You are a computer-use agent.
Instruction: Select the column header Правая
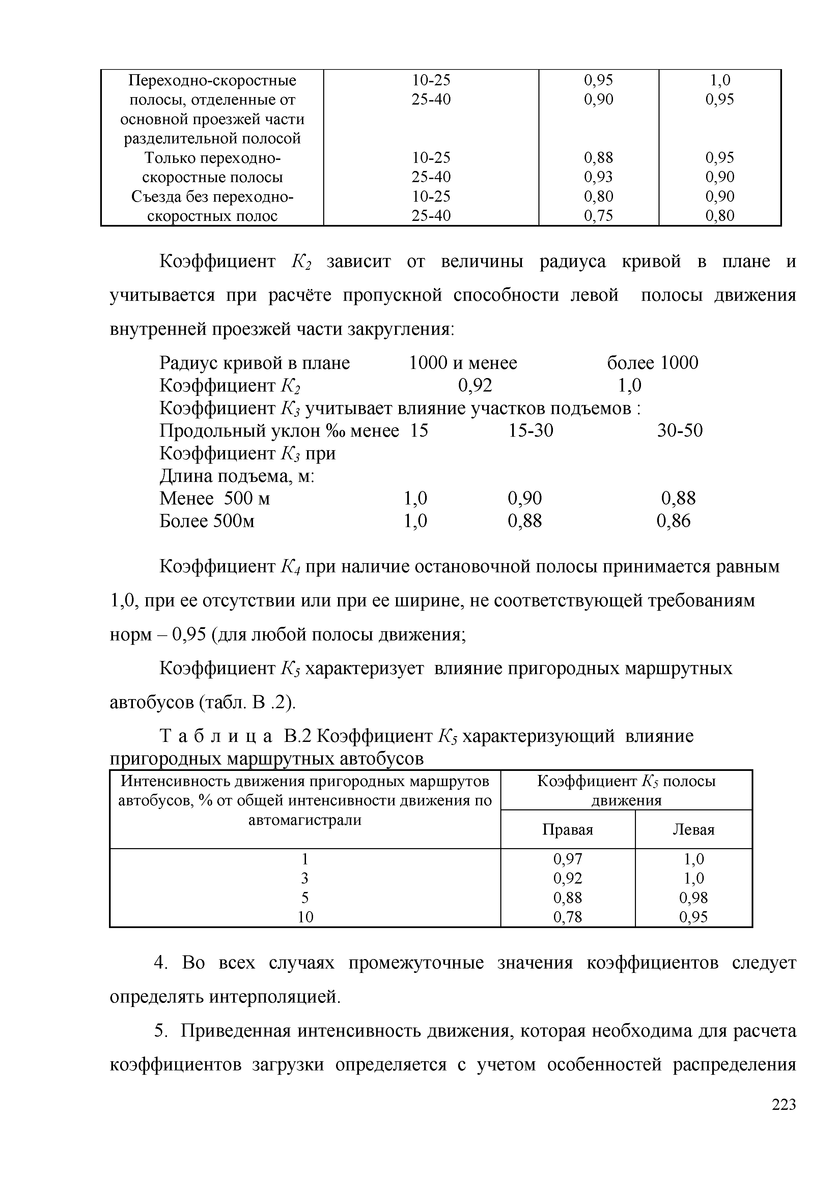tap(567, 830)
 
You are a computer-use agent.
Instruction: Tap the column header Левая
tap(693, 830)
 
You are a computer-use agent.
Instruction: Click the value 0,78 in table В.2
tap(567, 917)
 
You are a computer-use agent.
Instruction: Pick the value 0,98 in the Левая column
tap(693, 898)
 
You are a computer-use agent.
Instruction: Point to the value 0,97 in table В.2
tap(567, 859)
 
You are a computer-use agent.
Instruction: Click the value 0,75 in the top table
tap(598, 216)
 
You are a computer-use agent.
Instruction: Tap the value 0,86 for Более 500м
tap(673, 521)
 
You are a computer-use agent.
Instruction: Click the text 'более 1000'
tap(652, 363)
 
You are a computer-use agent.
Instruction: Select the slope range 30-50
tap(679, 431)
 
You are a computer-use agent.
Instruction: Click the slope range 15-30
tap(530, 431)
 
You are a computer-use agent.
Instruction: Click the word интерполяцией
tap(275, 997)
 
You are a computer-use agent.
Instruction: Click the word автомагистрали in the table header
tap(305, 820)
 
